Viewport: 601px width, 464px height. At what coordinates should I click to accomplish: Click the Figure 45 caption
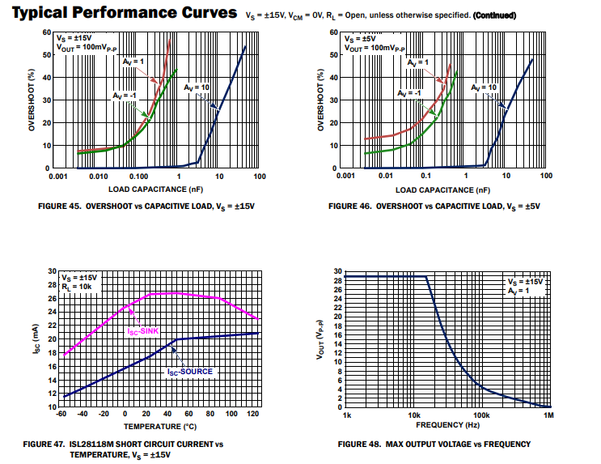click(146, 206)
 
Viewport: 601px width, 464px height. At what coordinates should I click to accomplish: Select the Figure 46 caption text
click(434, 206)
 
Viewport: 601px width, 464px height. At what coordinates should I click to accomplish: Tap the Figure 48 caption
click(434, 444)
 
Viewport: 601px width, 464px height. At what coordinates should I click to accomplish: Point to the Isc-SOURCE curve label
click(189, 372)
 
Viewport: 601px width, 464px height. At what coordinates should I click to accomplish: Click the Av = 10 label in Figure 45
click(198, 87)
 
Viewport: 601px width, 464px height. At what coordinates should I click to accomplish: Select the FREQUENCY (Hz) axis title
click(447, 424)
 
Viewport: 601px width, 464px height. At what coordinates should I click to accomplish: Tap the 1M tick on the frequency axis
click(548, 415)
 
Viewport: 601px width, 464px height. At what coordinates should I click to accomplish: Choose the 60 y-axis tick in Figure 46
click(333, 32)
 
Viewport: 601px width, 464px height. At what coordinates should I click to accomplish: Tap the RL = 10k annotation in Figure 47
click(76, 286)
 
